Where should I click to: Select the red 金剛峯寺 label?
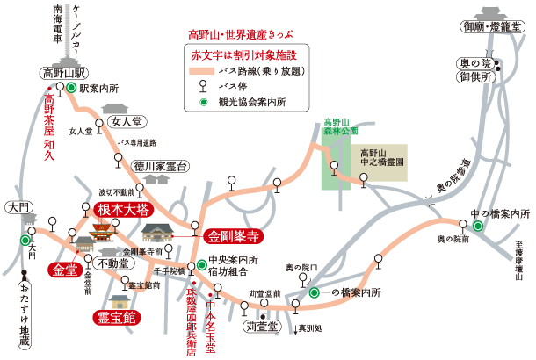[x=232, y=235]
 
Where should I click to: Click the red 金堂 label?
[x=66, y=270]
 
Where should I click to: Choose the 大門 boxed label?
[x=17, y=208]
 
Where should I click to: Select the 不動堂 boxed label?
[x=115, y=263]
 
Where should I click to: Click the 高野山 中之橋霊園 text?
[x=381, y=157]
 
